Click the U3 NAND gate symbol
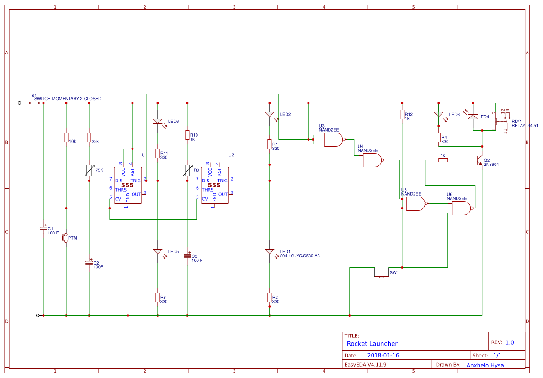click(x=333, y=140)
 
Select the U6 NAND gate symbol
click(x=461, y=208)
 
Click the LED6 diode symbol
click(x=158, y=122)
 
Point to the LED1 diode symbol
click(x=270, y=252)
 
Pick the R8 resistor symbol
click(x=158, y=297)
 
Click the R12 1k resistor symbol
click(x=402, y=114)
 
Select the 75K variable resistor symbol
click(x=89, y=170)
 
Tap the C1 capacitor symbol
click(x=43, y=228)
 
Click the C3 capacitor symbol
click(x=187, y=256)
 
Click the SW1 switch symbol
click(x=381, y=276)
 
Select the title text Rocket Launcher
click(x=372, y=344)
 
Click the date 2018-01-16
click(x=383, y=355)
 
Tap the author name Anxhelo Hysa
click(x=485, y=365)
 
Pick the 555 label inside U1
click(x=128, y=185)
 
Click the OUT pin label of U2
click(x=223, y=194)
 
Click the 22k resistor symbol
click(x=89, y=137)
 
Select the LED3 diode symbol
click(x=438, y=115)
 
